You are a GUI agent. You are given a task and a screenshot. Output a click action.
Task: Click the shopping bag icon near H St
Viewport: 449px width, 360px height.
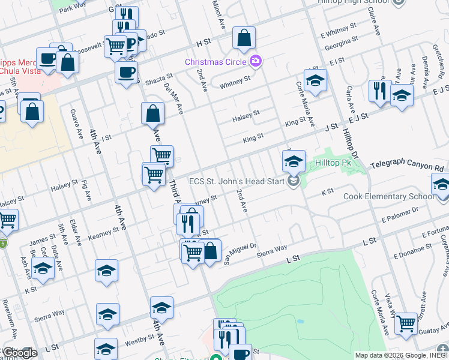[x=244, y=38]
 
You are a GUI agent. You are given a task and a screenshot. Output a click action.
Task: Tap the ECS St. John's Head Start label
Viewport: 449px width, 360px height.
[x=237, y=181]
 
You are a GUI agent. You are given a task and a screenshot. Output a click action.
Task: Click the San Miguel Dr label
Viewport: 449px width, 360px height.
[x=240, y=253]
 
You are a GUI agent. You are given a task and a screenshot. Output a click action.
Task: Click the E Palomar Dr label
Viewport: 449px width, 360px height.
[x=399, y=214]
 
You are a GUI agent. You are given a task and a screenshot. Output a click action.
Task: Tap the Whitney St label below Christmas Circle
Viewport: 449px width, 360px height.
[x=235, y=80]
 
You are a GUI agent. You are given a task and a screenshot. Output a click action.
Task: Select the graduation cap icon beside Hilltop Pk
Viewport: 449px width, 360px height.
[x=294, y=160]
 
